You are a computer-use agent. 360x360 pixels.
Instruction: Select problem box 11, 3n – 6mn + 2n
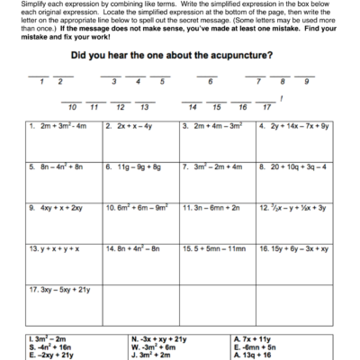[x=213, y=207]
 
